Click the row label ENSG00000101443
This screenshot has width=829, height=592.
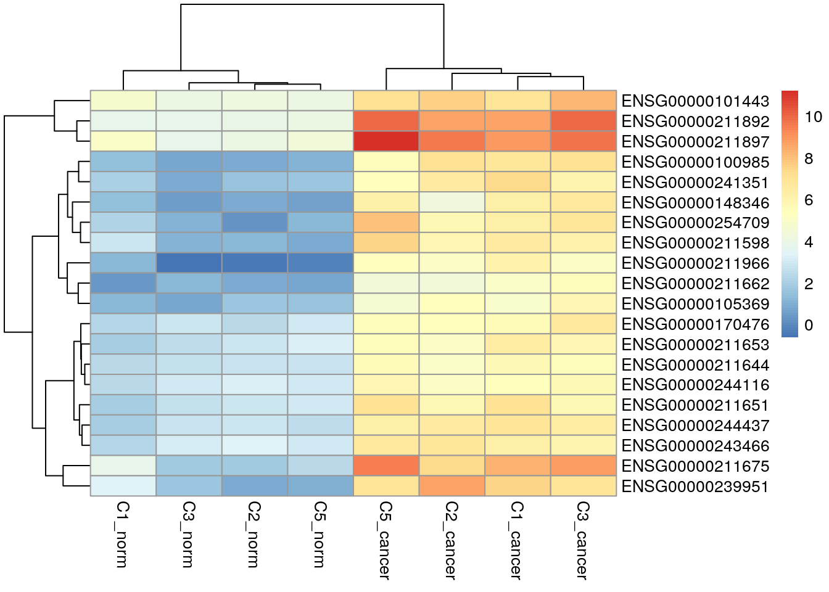[x=695, y=101]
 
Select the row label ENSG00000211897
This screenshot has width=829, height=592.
[x=695, y=142]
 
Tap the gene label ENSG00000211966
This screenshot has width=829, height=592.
[x=695, y=263]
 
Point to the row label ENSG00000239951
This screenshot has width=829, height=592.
[x=695, y=487]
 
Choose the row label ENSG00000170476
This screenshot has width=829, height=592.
[x=695, y=324]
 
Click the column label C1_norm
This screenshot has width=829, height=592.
[x=123, y=534]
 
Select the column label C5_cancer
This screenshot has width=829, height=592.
[x=386, y=540]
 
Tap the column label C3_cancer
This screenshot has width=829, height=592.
[x=583, y=540]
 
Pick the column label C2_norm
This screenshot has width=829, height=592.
[x=254, y=534]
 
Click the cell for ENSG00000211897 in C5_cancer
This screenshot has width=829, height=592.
[x=386, y=141]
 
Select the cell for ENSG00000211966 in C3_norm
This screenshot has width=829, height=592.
[x=189, y=263]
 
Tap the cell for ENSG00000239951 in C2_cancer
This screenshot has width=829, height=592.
[x=452, y=486]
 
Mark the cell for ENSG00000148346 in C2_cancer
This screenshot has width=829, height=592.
[x=452, y=202]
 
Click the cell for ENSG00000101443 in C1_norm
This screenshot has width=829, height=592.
[x=123, y=101]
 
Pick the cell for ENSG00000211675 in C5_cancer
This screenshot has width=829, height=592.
[x=386, y=466]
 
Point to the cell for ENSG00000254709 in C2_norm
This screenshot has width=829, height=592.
[x=255, y=223]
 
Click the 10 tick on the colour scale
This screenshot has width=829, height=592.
[x=814, y=117]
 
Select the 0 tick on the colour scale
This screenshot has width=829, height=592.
[x=809, y=326]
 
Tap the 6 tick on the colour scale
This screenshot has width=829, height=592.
[x=809, y=200]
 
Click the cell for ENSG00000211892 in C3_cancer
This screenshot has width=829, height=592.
[x=583, y=121]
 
